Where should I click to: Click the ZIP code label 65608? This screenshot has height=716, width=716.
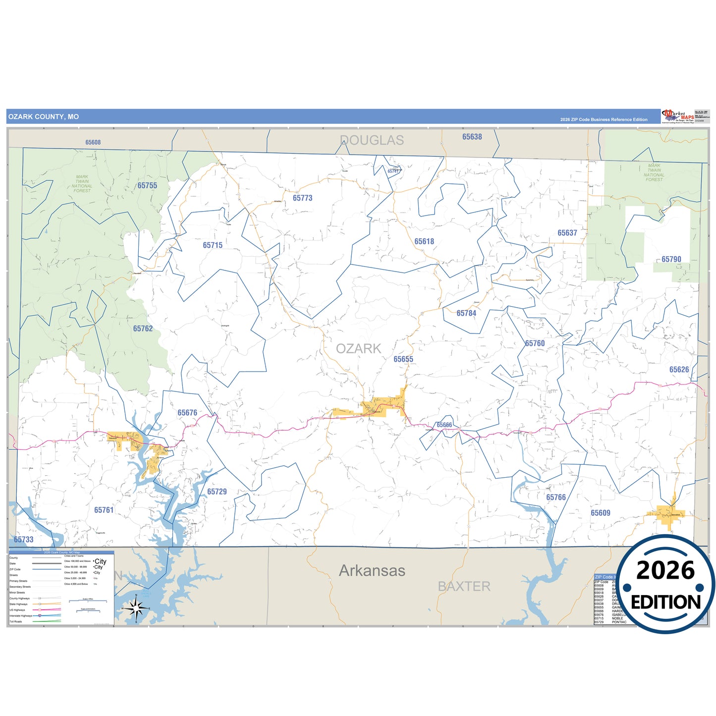click(93, 142)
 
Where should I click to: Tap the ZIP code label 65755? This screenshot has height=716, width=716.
click(147, 185)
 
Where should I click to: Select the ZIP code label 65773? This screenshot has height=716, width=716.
click(302, 198)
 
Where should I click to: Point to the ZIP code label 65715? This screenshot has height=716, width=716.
click(213, 245)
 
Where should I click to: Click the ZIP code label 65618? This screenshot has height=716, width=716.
click(424, 241)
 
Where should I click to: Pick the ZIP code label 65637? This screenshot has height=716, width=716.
click(567, 232)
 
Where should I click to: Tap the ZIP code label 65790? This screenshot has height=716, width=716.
click(671, 259)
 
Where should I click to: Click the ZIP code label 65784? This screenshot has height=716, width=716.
click(466, 313)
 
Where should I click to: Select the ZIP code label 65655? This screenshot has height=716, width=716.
click(403, 359)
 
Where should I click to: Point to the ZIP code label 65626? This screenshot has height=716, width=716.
click(679, 369)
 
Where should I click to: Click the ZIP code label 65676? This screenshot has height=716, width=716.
click(187, 412)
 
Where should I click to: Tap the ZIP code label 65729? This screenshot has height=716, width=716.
click(217, 492)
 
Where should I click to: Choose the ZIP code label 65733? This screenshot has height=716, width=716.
click(24, 540)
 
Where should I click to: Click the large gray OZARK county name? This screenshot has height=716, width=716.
click(359, 348)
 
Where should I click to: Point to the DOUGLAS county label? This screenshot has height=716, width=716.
click(372, 140)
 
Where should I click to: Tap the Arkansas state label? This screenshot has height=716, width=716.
click(372, 570)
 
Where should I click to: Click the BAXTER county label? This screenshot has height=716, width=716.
click(464, 586)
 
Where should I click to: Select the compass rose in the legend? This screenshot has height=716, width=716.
click(136, 607)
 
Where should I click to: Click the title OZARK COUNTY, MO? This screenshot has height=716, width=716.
click(44, 116)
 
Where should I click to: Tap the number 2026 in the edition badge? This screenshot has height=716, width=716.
click(665, 570)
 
